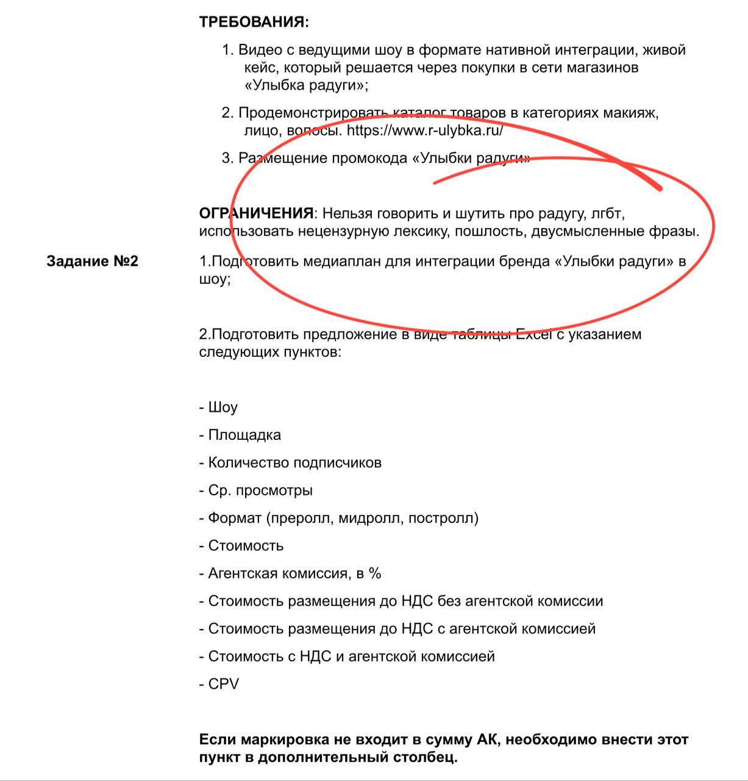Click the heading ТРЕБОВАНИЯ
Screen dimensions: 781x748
click(x=254, y=23)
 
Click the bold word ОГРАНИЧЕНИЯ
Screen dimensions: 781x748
click(x=256, y=214)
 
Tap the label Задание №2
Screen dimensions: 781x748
click(x=92, y=261)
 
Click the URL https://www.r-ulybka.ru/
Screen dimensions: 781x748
click(x=425, y=131)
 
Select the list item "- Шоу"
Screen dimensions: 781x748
click(x=218, y=408)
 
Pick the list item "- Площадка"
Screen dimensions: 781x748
click(x=240, y=435)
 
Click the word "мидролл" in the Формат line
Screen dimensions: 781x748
click(x=370, y=518)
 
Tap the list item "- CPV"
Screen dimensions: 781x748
click(x=219, y=684)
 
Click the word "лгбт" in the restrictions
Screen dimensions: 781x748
click(x=607, y=214)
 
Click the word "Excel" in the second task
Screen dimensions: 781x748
click(x=534, y=334)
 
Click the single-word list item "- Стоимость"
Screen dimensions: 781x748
click(x=241, y=545)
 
